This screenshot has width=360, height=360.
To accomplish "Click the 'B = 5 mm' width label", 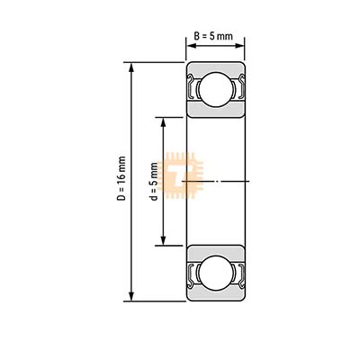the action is (213, 36).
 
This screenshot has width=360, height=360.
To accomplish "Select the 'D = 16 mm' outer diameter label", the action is (122, 178).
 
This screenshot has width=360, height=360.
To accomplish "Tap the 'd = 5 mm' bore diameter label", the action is (154, 181).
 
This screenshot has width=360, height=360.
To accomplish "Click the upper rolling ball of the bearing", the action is (216, 89).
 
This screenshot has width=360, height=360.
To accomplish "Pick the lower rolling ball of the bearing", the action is (216, 273).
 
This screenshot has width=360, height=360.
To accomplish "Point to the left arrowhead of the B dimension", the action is (191, 46).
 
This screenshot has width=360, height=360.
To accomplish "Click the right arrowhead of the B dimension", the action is (239, 46).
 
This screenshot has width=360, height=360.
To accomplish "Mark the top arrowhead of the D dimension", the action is (130, 67).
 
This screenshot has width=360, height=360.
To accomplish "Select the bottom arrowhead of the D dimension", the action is (130, 296).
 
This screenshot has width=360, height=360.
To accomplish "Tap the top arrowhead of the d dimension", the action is (163, 122).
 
